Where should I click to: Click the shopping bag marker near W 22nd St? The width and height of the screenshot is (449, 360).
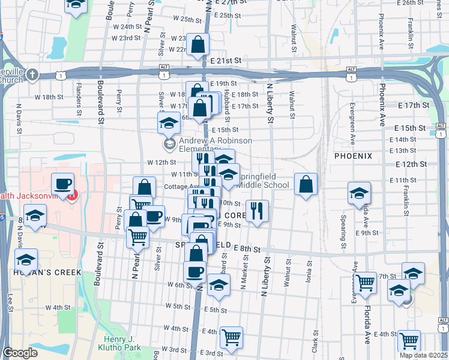(197, 44)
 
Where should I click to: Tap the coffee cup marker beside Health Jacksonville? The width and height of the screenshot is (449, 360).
(62, 184)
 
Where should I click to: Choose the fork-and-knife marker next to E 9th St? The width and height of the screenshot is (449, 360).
(257, 211)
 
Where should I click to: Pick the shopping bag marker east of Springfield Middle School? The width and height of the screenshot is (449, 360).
(306, 184)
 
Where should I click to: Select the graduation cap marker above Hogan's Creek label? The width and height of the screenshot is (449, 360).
(26, 260)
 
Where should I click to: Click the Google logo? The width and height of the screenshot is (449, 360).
(20, 353)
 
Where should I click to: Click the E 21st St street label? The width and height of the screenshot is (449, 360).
(226, 61)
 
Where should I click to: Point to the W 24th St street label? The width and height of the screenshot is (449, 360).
(126, 27)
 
